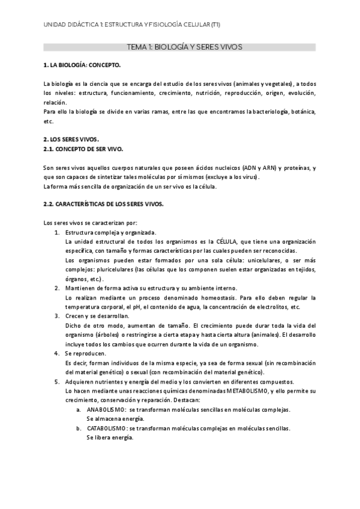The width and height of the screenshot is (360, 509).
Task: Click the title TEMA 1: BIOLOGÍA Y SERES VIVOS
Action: pos(180,46)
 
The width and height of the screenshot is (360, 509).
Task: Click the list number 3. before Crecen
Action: pos(56,316)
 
